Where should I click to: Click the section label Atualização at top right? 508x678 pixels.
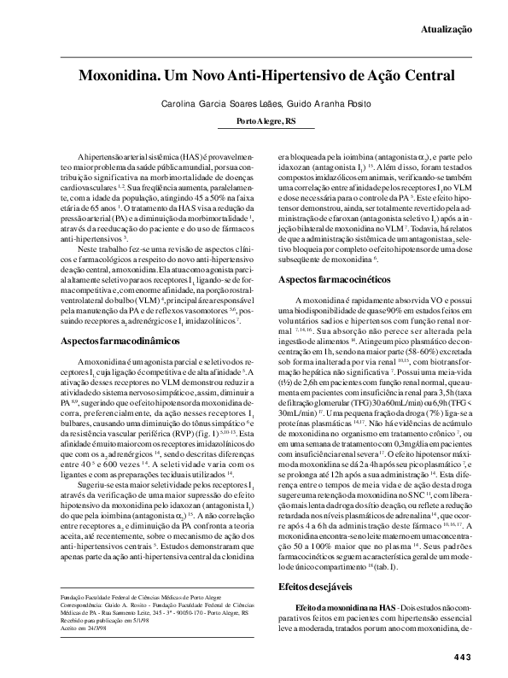[x=446, y=29]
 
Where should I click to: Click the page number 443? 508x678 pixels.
[x=462, y=657]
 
